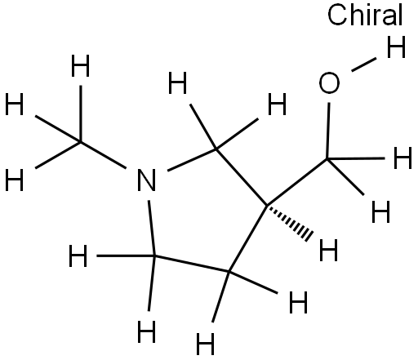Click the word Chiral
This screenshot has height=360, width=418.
pos(365,15)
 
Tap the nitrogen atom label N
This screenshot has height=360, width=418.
pos(146,180)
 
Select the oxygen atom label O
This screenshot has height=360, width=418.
pos(329,83)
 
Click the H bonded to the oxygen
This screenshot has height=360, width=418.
pos(396,47)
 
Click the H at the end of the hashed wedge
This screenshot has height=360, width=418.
pos(328,250)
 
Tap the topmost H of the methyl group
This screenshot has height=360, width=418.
pos(80,66)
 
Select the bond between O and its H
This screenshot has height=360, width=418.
pos(364,64)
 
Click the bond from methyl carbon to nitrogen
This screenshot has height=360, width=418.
pos(103,155)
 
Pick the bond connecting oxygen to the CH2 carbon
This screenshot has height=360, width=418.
pos(328,131)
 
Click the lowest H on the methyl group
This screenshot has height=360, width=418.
pos(15,180)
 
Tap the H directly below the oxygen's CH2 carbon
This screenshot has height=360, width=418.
pos(380,211)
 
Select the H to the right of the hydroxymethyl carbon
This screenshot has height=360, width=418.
pos(403,158)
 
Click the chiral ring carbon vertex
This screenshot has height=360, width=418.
pos(267,205)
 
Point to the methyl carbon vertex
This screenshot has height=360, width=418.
pos(80,142)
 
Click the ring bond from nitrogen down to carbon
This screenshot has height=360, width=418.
pos(152,228)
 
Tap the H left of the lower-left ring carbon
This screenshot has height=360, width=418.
pos(78,256)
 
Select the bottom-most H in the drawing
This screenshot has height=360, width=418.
pos(206,344)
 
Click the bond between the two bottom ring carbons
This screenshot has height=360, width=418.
pos(192,264)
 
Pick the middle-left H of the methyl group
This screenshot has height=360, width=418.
pos(15,104)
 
